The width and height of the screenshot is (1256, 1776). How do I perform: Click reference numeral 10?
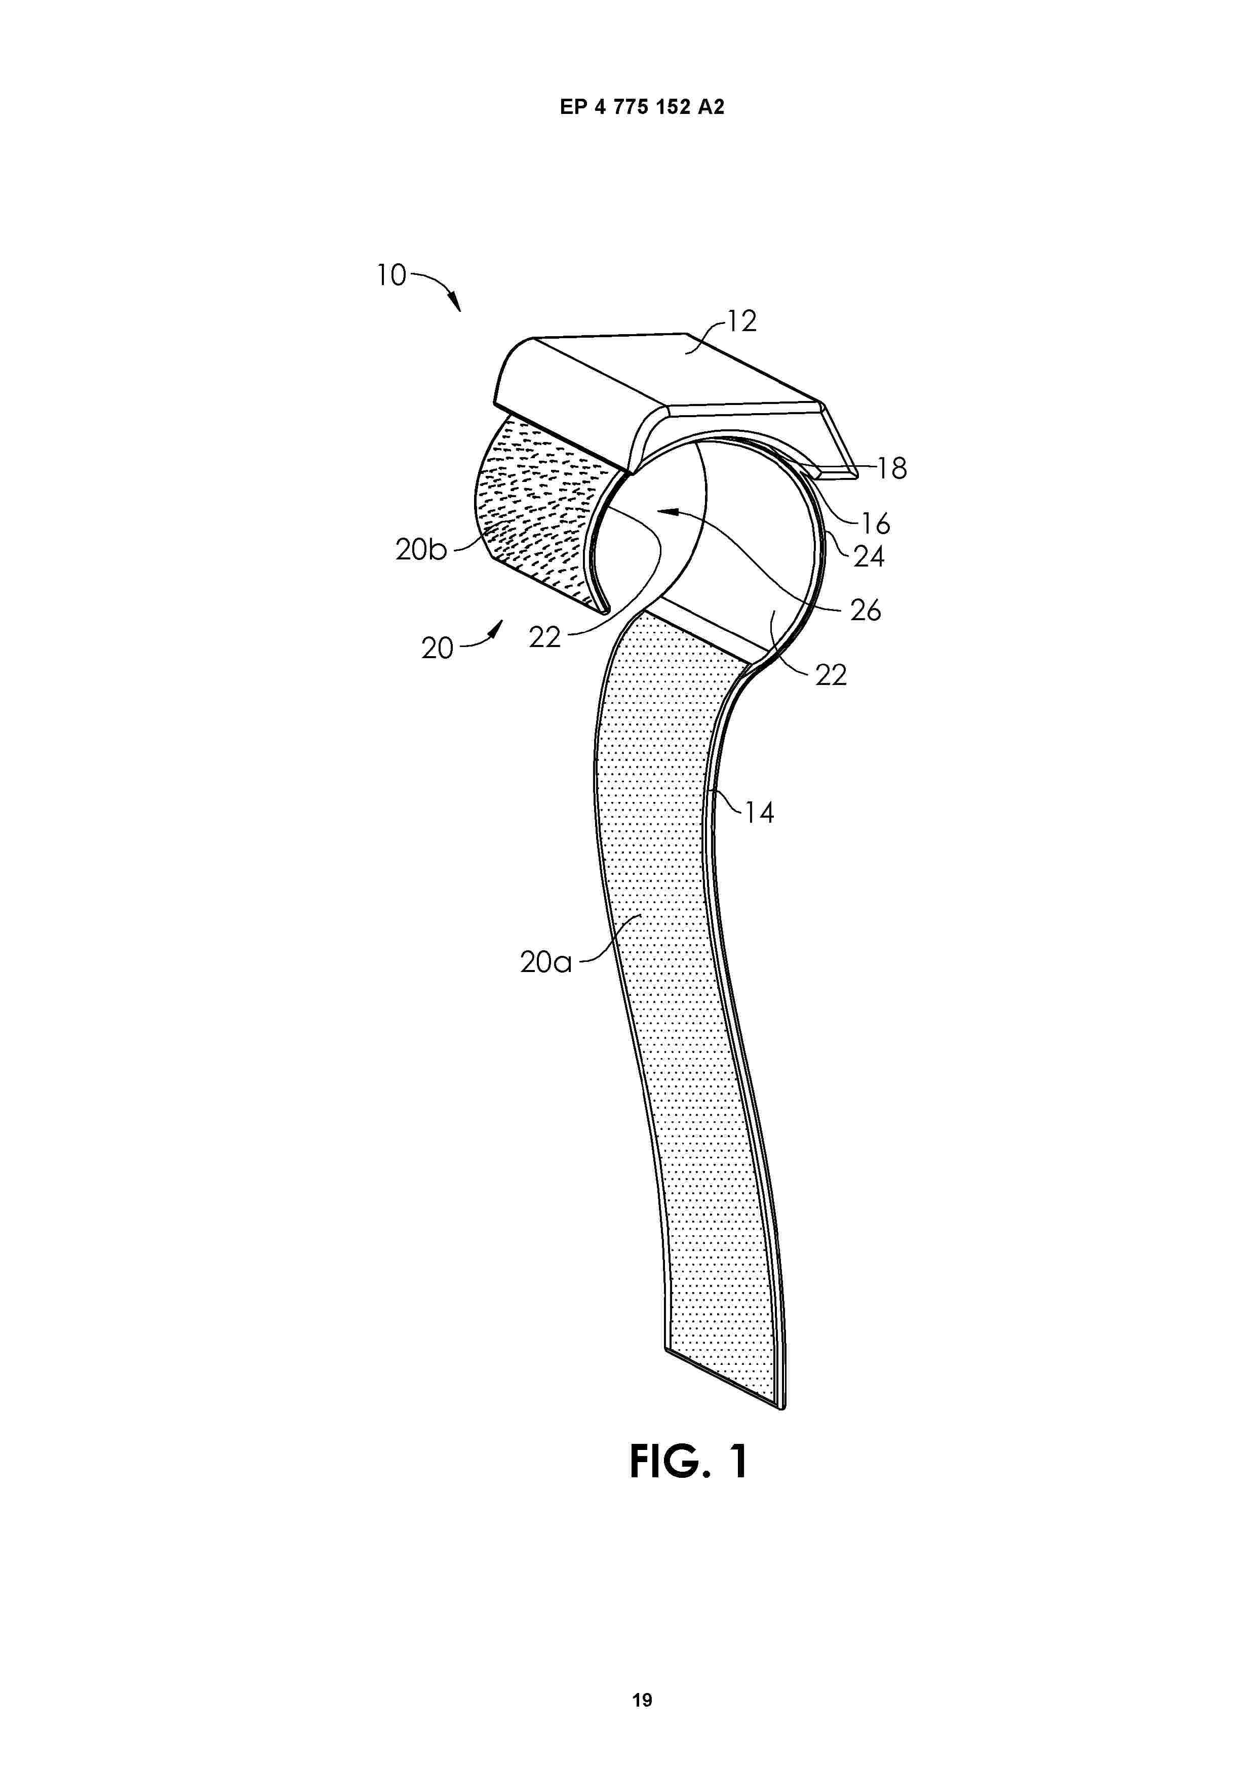coord(391,275)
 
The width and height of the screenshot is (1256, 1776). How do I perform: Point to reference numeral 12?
coord(741,321)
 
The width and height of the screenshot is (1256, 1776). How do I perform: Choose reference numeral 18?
coord(892,469)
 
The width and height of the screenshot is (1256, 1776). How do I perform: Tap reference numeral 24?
coord(868,557)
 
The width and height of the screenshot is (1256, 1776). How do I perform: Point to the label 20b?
coord(421,549)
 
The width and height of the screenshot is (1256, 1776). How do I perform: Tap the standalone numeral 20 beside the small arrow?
coord(437,648)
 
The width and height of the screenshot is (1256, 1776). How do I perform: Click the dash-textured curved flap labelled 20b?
coord(542,510)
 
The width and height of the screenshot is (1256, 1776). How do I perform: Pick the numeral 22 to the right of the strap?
coord(831,675)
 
